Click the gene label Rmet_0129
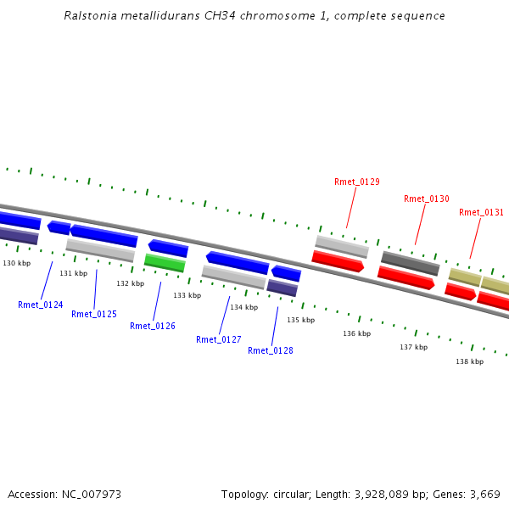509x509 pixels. (x=356, y=182)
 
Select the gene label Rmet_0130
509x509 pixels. (x=426, y=199)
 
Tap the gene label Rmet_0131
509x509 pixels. (x=481, y=212)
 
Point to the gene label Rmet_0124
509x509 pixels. (x=40, y=305)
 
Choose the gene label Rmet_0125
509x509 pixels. (x=93, y=314)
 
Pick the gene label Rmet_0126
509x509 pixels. (x=152, y=326)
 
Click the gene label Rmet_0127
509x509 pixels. (x=218, y=339)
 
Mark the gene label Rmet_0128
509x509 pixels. (x=270, y=350)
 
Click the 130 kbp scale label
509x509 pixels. (x=16, y=263)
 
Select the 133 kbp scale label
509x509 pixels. (x=187, y=295)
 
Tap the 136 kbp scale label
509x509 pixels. (x=356, y=333)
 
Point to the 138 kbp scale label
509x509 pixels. (x=469, y=361)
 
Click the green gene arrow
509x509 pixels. (x=165, y=263)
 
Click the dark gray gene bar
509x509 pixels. (x=410, y=263)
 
